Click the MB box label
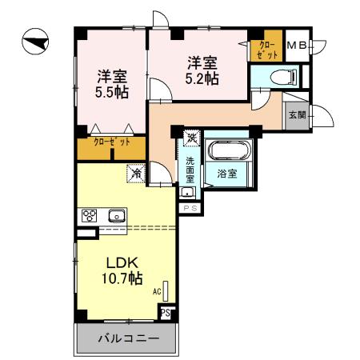pos(296,46)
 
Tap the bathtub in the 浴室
pos(228,152)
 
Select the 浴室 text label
pos(226,173)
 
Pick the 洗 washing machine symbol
pos(191,138)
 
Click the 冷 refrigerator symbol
pos(136,172)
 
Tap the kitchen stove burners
pos(88,215)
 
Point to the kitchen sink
pos(116,215)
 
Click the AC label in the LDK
pos(157,292)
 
